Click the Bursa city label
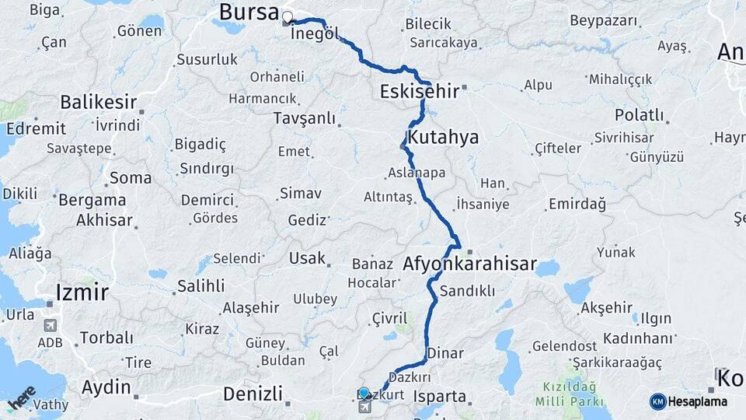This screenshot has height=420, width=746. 248,12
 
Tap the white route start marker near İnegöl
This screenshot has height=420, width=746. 288,17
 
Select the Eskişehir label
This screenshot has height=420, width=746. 419,91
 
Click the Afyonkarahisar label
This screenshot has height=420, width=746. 469,264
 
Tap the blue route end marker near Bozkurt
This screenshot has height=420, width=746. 364,393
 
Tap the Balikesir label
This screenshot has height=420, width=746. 99,102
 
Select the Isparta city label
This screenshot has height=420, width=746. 440,397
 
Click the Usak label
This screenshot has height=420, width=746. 306,257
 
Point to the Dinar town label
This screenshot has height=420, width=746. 446,353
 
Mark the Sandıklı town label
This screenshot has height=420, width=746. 467,291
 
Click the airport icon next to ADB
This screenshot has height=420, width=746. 51,325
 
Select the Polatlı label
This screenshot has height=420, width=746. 639,115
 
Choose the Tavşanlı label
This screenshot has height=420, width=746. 304,118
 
